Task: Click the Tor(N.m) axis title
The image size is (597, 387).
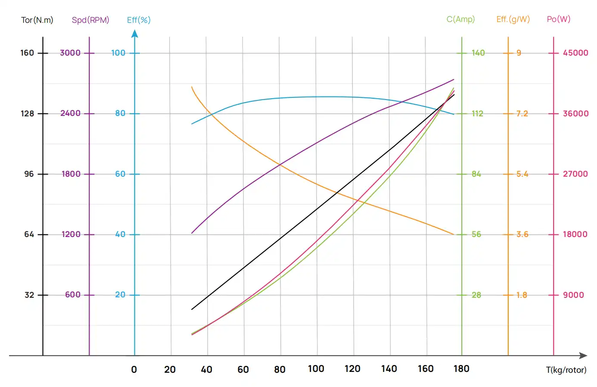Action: click(x=37, y=20)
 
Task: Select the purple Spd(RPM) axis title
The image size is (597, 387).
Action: click(x=90, y=20)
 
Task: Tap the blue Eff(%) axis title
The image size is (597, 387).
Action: click(x=139, y=20)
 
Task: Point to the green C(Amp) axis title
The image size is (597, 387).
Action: click(x=460, y=19)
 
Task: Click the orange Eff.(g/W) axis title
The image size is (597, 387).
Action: click(x=513, y=19)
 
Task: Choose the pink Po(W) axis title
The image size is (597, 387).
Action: click(x=558, y=19)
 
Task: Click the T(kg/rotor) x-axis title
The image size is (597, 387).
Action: click(x=566, y=370)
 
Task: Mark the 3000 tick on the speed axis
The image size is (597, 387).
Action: click(x=70, y=53)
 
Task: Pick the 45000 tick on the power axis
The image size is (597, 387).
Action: click(x=575, y=53)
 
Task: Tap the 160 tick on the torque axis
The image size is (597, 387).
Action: click(x=27, y=53)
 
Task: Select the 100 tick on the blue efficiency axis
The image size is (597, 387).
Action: click(x=118, y=53)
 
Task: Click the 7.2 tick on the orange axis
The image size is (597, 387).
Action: click(x=522, y=113)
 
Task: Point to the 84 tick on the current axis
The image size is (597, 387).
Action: click(x=476, y=174)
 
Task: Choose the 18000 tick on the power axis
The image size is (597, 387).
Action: click(x=575, y=234)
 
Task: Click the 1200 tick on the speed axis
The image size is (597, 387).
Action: click(x=71, y=234)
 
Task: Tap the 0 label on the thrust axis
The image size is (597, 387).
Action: click(x=134, y=369)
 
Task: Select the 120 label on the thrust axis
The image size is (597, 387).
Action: click(x=352, y=369)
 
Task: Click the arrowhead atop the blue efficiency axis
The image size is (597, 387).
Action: click(x=135, y=33)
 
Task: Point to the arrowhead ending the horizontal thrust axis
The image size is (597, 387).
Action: click(x=584, y=356)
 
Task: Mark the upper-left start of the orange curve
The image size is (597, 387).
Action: click(x=192, y=87)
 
